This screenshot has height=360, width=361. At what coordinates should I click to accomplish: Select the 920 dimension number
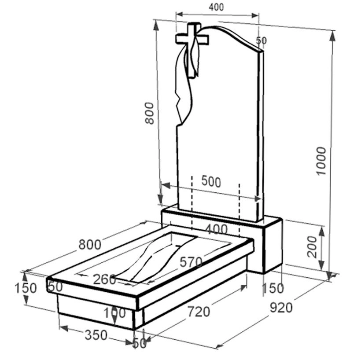(x=281, y=308)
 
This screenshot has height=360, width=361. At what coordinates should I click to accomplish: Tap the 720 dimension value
(x=199, y=312)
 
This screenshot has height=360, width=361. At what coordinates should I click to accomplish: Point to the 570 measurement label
(x=191, y=262)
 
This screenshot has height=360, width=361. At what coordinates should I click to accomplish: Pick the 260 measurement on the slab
(x=104, y=279)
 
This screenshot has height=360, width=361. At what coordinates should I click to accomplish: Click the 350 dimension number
(x=96, y=335)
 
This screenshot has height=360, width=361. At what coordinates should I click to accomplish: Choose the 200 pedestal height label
(x=312, y=246)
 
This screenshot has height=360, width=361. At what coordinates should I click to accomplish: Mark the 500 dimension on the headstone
(x=211, y=181)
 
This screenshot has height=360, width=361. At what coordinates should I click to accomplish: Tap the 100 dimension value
(x=114, y=313)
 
